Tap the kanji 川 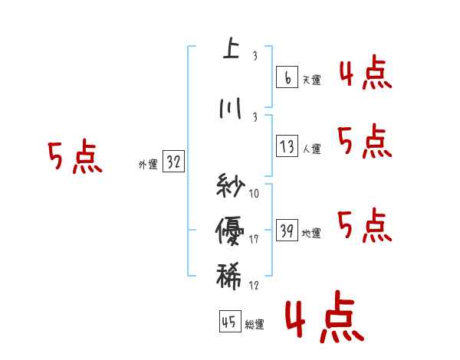[x=230, y=109]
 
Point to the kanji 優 [x=229, y=228]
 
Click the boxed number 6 [x=287, y=77]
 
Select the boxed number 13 [x=287, y=146]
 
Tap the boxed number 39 [x=287, y=231]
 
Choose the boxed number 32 [x=173, y=162]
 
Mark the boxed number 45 [x=229, y=322]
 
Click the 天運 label [x=311, y=80]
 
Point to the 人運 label [x=311, y=149]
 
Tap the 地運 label [x=311, y=233]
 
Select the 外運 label [x=147, y=164]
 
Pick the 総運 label [x=255, y=325]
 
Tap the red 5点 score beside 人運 [x=365, y=142]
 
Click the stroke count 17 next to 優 [x=254, y=241]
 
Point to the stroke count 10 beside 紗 [x=254, y=193]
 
